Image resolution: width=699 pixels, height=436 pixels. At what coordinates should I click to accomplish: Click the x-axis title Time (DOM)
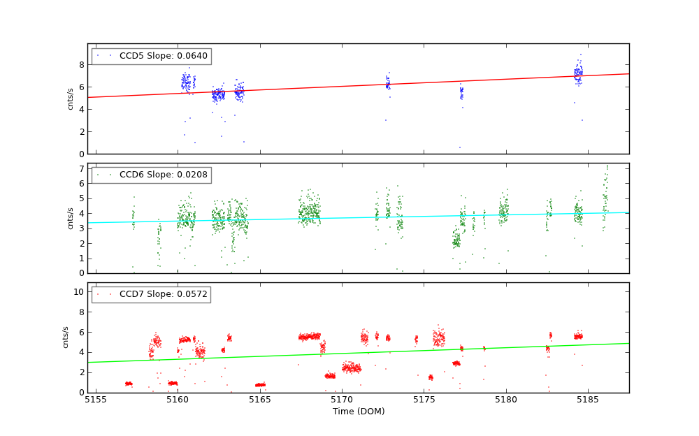pos(358,412)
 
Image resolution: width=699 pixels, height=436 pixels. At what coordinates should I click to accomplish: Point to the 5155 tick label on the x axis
pos(96,400)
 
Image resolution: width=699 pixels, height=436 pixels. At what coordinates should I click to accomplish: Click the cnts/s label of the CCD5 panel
pos(71,99)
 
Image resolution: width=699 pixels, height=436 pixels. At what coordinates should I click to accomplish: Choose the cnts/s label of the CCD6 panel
pos(71,218)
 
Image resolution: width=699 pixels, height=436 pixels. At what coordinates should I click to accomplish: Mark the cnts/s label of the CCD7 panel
pos(66,337)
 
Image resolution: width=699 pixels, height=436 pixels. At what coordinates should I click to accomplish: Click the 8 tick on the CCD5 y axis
pos(81,64)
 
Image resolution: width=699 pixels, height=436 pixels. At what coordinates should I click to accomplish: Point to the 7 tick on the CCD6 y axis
pos(81,169)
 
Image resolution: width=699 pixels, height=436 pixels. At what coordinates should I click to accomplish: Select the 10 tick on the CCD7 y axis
pos(79,292)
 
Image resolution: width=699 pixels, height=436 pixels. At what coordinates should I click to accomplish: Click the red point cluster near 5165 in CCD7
pos(260,384)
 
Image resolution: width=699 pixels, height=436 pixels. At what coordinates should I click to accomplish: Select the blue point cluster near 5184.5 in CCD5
pos(578,73)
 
